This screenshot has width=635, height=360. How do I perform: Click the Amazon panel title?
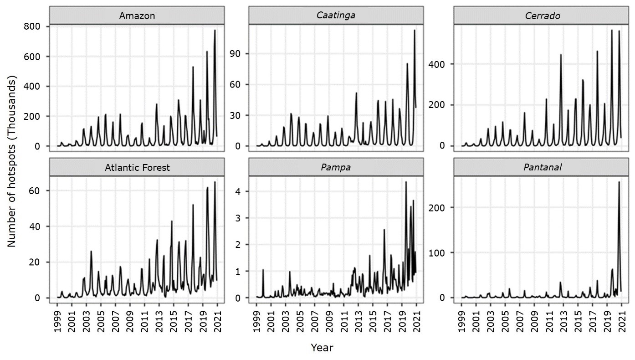click(137, 16)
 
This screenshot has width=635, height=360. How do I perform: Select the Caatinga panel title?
click(336, 16)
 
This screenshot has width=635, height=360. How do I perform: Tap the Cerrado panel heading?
click(541, 16)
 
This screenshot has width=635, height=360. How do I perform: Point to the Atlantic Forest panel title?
click(137, 168)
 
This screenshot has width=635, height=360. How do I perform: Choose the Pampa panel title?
click(336, 168)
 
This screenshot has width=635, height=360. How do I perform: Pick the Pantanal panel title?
click(541, 168)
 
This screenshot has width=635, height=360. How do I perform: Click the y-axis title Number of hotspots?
click(12, 162)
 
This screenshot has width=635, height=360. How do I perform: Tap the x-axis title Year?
click(322, 348)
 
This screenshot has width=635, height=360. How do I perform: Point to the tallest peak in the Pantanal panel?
click(619, 182)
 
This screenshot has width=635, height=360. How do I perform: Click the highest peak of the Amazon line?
click(215, 31)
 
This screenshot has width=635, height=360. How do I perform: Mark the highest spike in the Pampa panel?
click(406, 182)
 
